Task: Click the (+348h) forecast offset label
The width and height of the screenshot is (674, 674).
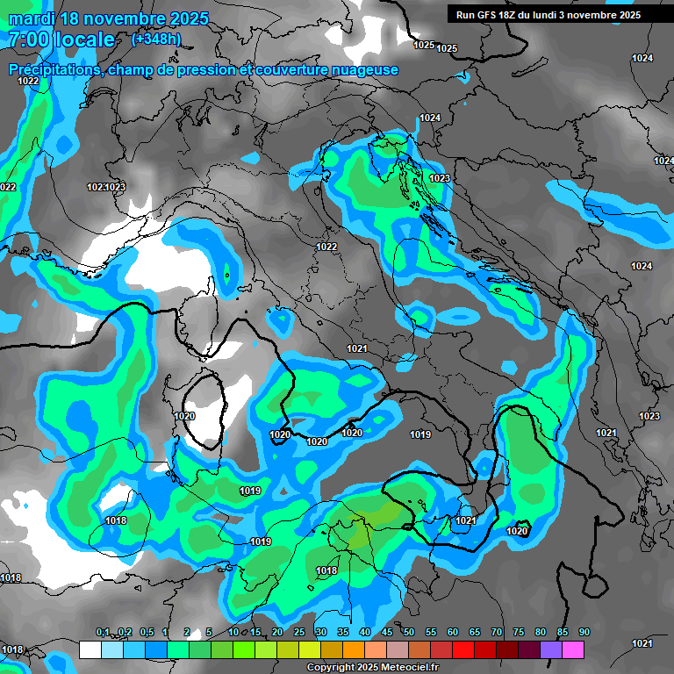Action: [x=156, y=39]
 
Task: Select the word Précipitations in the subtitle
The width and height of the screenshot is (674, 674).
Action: [x=53, y=70]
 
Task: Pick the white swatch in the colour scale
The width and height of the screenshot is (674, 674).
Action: [x=90, y=650]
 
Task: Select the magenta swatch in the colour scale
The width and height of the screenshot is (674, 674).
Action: [x=573, y=650]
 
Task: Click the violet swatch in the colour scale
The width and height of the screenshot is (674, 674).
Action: [x=551, y=650]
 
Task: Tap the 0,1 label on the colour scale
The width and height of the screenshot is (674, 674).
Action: [x=103, y=633]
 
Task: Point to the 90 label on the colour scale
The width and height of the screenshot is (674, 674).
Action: [x=584, y=633]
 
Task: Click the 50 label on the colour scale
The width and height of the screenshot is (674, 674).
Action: [x=409, y=633]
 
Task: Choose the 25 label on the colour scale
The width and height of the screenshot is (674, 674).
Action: [x=299, y=633]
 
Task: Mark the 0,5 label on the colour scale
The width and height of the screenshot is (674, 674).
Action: [x=146, y=633]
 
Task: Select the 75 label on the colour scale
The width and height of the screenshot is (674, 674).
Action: [x=519, y=633]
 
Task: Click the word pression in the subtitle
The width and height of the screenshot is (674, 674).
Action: [x=204, y=70]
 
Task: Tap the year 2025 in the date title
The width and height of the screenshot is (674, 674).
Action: [x=180, y=18]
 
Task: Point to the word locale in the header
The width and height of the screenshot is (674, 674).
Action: [x=86, y=39]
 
